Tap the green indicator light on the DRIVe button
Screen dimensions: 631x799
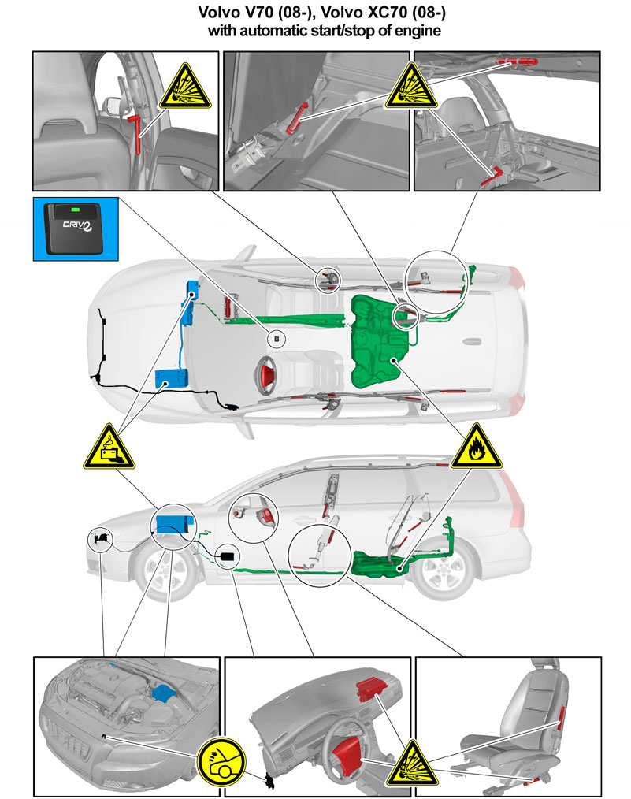coord(76,209)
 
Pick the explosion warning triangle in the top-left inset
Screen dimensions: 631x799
coord(184,87)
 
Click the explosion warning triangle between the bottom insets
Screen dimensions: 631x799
coord(411,766)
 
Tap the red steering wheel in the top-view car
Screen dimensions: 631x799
coord(266,375)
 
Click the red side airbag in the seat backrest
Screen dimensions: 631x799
coord(561,715)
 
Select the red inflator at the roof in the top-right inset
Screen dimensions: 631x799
coord(518,62)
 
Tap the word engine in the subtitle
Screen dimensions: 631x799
coord(417,32)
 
